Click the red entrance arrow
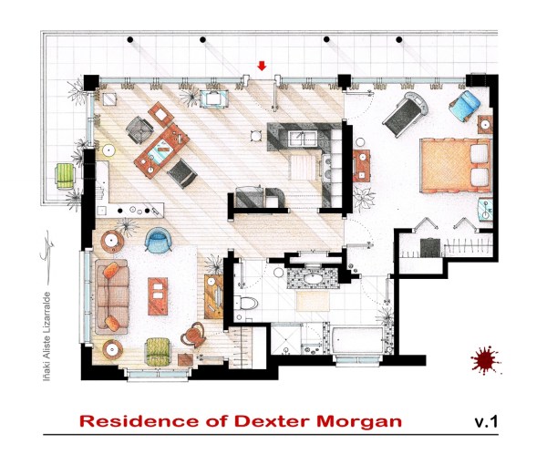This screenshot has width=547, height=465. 262,66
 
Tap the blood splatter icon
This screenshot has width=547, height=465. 484,360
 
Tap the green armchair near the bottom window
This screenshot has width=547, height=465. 158,350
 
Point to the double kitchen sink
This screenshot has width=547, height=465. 302,137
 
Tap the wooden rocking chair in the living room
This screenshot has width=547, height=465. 194,336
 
